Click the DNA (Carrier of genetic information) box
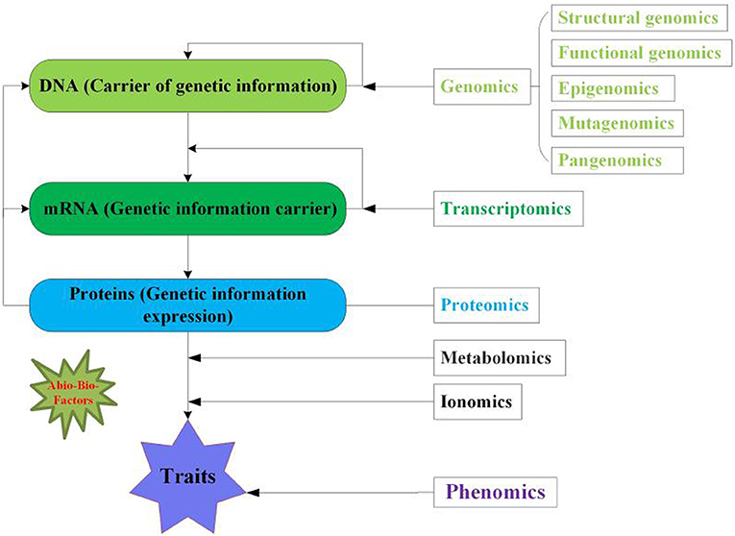pos(190,85)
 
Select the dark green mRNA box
pos(190,207)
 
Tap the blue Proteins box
pos(190,305)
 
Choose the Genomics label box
pos(478,86)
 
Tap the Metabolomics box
pos(496,358)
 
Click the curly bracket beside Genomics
pos(546,86)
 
